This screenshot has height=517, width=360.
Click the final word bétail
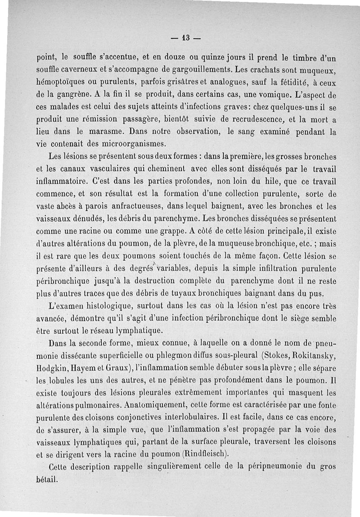[47, 479]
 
